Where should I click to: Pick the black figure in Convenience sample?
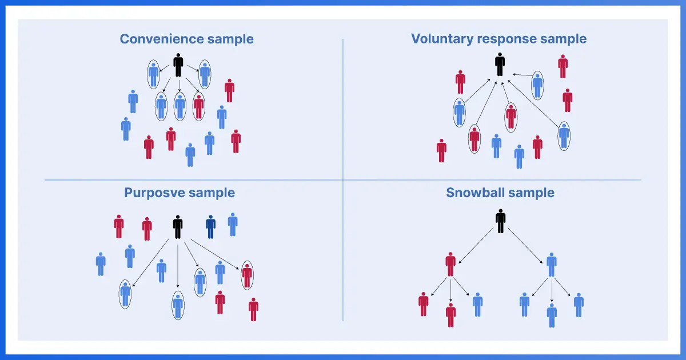(x=178, y=65)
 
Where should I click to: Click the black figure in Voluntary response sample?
(x=500, y=65)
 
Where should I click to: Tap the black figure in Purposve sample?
(x=178, y=227)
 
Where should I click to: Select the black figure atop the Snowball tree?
(x=501, y=221)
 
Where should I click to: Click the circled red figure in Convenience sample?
(x=198, y=106)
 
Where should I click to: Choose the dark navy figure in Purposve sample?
(x=210, y=227)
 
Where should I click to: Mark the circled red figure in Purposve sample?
(x=247, y=275)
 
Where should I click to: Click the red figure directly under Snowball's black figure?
(x=450, y=263)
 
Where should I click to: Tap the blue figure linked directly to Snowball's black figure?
(x=552, y=263)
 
